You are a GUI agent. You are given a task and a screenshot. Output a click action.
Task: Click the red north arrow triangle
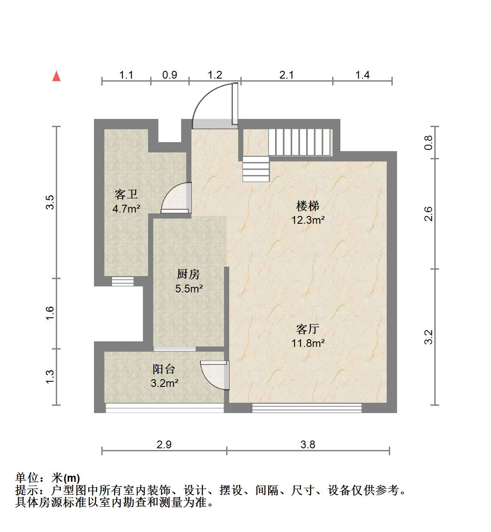click(x=56, y=76)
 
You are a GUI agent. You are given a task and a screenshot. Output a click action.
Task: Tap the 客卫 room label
click(x=126, y=194)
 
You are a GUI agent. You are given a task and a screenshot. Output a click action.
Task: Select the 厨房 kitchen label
click(x=188, y=274)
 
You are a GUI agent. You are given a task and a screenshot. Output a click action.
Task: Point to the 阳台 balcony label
click(x=164, y=369)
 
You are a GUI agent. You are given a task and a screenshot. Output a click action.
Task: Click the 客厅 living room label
click(x=307, y=329)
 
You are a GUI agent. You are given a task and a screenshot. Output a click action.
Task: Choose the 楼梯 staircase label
click(x=307, y=206)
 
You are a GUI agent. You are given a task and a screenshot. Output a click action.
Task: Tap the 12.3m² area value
click(x=308, y=220)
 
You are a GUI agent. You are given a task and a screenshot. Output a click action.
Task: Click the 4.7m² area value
click(x=126, y=208)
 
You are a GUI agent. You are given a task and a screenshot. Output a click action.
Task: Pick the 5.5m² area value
click(x=189, y=289)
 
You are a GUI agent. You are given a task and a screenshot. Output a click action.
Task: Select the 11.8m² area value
click(x=308, y=343)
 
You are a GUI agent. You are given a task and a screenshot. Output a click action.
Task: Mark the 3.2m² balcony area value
click(x=164, y=383)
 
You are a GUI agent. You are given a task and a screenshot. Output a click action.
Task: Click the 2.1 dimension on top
click(x=286, y=75)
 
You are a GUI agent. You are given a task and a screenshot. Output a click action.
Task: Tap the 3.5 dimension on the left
click(x=50, y=202)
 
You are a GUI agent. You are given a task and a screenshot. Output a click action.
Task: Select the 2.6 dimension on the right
click(x=429, y=213)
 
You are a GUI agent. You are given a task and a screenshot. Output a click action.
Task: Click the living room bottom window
click(x=307, y=408)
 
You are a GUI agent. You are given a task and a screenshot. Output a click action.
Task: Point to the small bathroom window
click(x=123, y=282)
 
